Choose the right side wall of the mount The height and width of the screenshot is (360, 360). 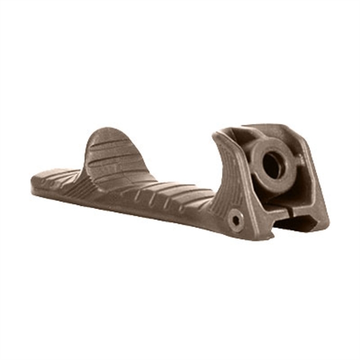317,184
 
